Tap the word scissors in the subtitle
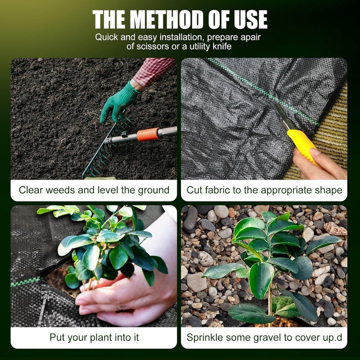152,46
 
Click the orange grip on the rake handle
148,134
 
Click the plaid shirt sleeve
153,71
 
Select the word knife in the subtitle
222,46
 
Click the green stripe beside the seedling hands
25,282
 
